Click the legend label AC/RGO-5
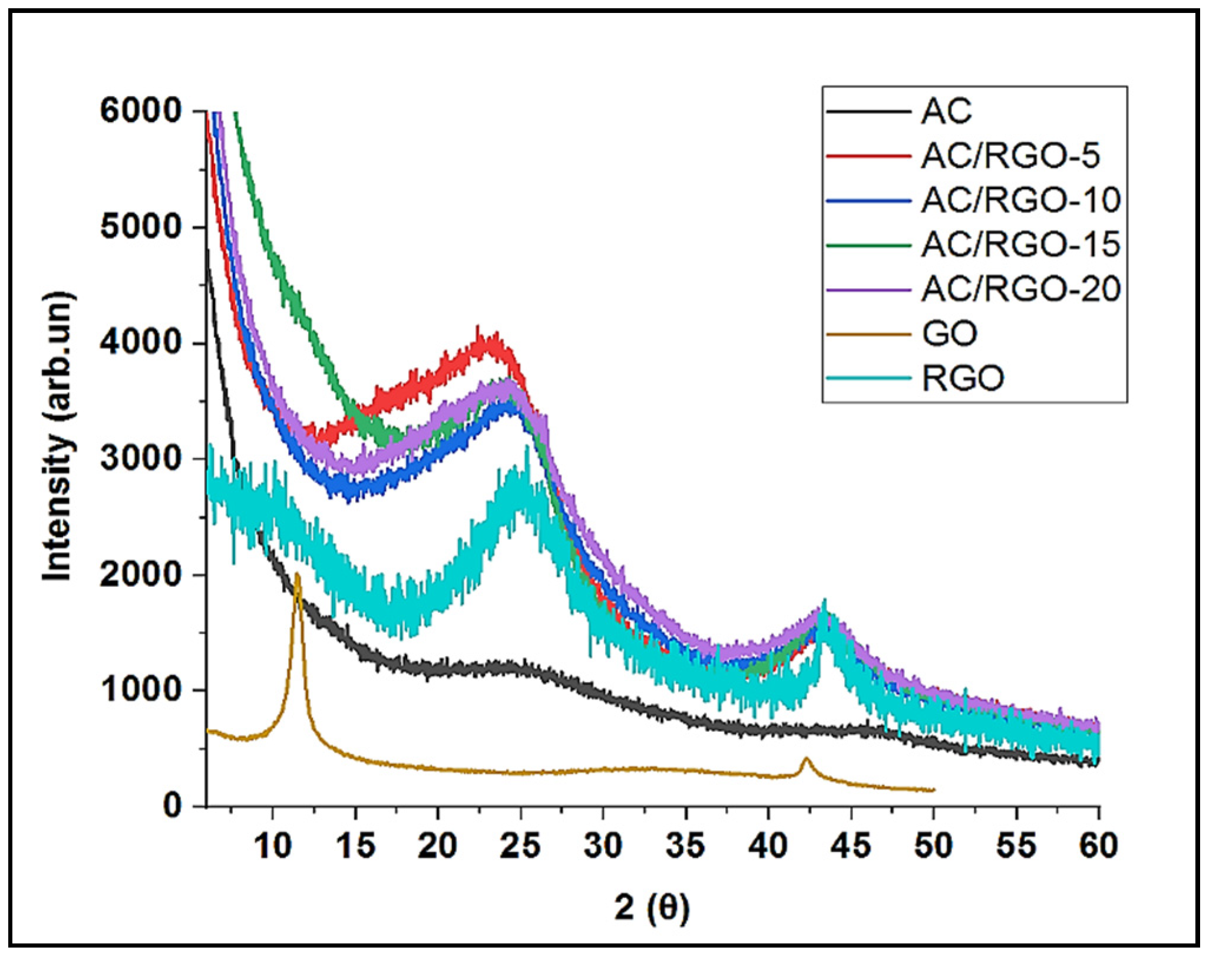tap(1010, 156)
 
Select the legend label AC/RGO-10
tap(1020, 200)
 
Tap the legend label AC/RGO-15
tap(1020, 245)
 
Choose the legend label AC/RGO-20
tap(1020, 289)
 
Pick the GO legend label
tap(949, 334)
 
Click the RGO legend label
tap(963, 378)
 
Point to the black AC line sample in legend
tap(868, 111)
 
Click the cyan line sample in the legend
tap(868, 378)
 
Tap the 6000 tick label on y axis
tap(140, 111)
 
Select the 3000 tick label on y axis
tap(140, 458)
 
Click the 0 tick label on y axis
tap(173, 804)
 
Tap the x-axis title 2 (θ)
tap(652, 907)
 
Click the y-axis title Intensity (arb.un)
tap(58, 436)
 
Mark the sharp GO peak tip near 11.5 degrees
tap(298, 575)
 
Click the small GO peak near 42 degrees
tap(806, 759)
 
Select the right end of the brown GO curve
tap(933, 790)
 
